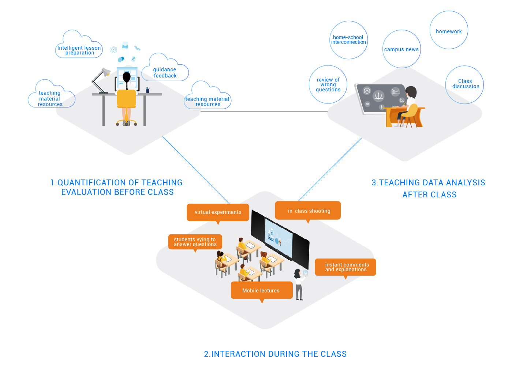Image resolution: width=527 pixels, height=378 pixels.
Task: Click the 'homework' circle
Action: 449,30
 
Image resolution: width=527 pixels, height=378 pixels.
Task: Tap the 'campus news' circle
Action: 401,49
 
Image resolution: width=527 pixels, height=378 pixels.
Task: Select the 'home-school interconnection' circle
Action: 348,40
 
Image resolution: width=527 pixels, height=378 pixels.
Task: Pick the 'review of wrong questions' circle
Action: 328,84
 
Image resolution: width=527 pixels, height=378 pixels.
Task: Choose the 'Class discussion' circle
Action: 465,84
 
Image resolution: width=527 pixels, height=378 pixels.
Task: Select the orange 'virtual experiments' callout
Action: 218,212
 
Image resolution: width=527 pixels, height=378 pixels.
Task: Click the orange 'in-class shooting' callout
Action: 309,211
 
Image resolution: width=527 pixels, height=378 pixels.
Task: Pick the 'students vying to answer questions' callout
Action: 195,242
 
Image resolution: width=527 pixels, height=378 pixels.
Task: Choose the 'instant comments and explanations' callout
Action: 345,267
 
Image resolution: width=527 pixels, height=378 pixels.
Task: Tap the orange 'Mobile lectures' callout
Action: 261,290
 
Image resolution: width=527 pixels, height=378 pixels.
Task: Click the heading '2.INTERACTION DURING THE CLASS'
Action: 275,354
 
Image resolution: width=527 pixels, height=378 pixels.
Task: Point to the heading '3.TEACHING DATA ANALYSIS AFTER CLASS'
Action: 429,188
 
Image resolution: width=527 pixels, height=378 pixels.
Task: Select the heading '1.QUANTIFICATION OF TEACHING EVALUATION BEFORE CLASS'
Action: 117,187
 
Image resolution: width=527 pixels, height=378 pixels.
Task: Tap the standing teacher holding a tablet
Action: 300,284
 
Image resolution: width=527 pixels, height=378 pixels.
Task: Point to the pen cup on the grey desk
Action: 147,90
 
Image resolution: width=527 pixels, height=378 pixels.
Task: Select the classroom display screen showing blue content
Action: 278,238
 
